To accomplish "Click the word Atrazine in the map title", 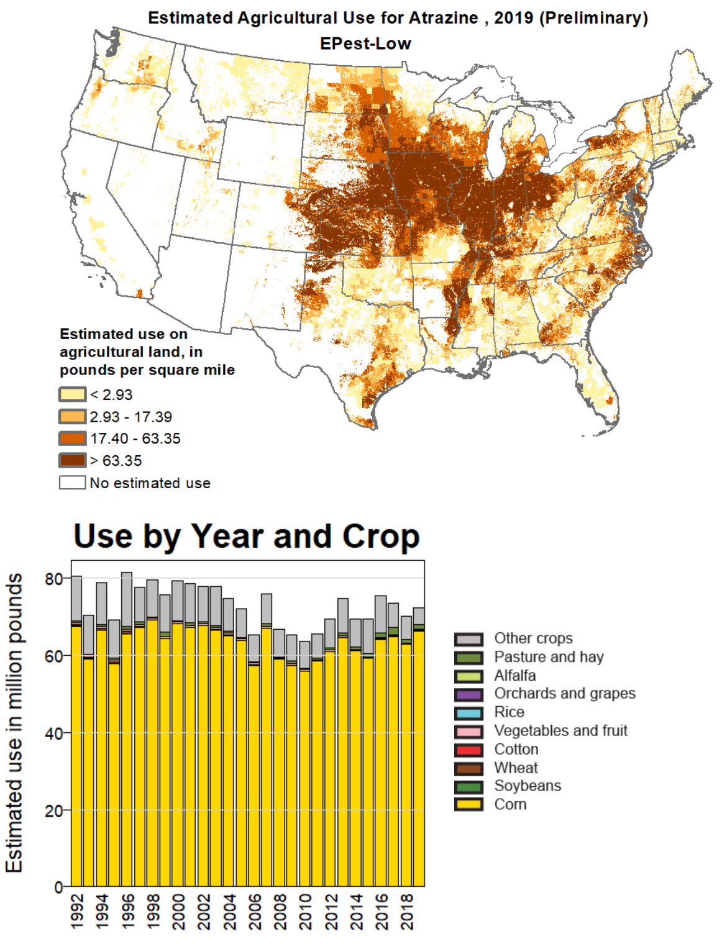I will (x=443, y=18).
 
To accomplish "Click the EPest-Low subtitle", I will (x=365, y=43).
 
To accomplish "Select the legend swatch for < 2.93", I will (x=72, y=394).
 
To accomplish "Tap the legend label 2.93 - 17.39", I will (x=130, y=417).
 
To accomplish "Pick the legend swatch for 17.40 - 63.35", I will (x=72, y=438).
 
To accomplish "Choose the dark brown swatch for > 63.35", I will (x=72, y=461).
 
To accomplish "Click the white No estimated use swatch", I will (x=72, y=483).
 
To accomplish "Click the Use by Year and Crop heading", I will (x=247, y=536).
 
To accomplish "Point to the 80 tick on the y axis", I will (x=54, y=579).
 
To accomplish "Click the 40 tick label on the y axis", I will (x=54, y=733).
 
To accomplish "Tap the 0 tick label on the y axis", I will (x=58, y=887).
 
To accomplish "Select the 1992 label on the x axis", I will (x=77, y=912).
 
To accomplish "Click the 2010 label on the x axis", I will (x=305, y=912).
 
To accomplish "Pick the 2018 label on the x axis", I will (x=407, y=912).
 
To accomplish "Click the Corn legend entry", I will (x=510, y=804).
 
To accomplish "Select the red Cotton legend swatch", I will (x=468, y=750).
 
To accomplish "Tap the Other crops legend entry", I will (x=533, y=638).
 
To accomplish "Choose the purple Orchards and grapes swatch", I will (x=468, y=694).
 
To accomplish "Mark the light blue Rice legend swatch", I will (x=468, y=713).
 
